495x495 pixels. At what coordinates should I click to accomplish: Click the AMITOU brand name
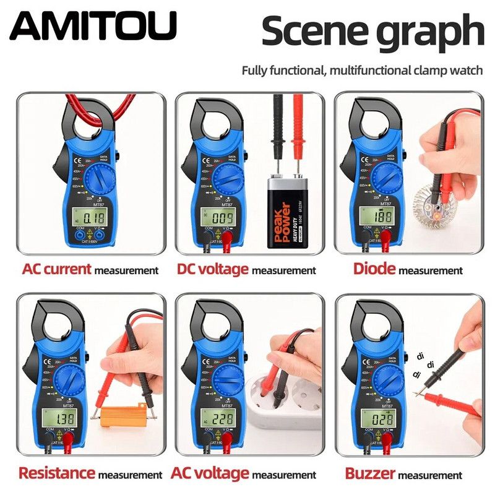pyautogui.click(x=93, y=26)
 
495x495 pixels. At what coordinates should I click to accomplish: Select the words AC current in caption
pyautogui.click(x=57, y=269)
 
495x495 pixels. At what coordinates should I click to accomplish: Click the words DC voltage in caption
pyautogui.click(x=213, y=269)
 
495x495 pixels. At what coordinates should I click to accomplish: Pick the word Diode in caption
pyautogui.click(x=374, y=269)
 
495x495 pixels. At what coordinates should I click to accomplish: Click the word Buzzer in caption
pyautogui.click(x=370, y=474)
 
